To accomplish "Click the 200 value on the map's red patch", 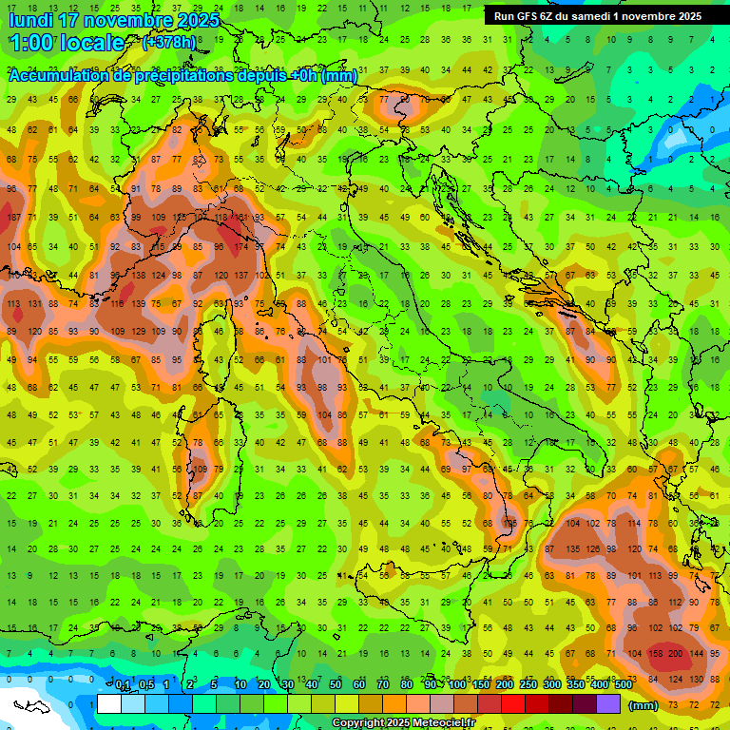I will (x=676, y=654).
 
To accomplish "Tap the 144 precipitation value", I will (x=697, y=654).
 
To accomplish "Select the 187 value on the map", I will (x=14, y=218).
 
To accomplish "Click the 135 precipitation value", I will (x=572, y=548).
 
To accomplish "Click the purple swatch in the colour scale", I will (x=609, y=704).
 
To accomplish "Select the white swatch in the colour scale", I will (x=109, y=704).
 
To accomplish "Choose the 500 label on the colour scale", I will (x=623, y=684).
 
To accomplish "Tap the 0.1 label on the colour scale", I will (x=123, y=684).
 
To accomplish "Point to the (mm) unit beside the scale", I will (x=643, y=705).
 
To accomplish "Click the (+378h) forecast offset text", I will (x=171, y=42).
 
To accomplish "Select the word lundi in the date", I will (x=32, y=20).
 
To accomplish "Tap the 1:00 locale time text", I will (x=67, y=43).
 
